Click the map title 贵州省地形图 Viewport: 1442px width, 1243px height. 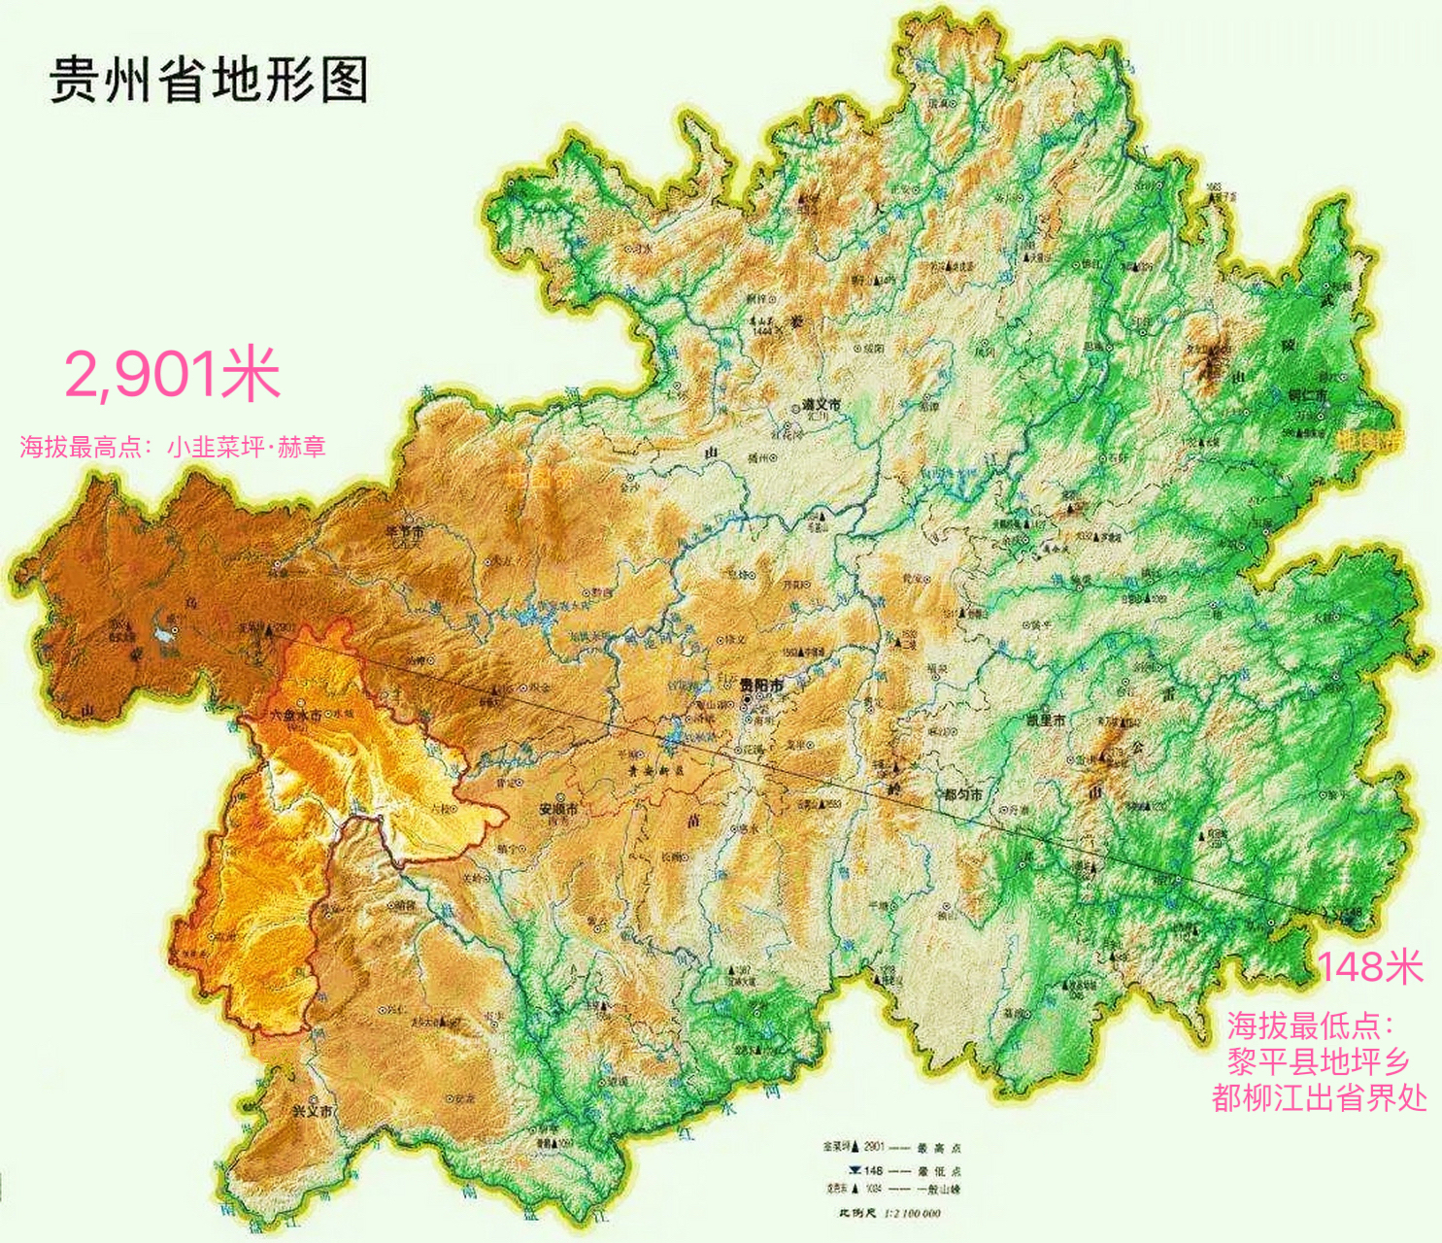tap(209, 79)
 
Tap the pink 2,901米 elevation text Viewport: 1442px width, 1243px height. tap(173, 376)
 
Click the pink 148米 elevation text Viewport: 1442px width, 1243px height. tap(1370, 967)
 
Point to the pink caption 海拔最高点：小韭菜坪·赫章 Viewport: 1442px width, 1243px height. tap(173, 448)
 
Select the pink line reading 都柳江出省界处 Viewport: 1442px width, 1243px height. tap(1319, 1097)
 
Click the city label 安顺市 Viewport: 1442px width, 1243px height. tap(558, 808)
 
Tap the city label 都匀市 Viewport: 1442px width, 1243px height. tap(963, 794)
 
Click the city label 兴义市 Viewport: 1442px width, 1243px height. tap(313, 1110)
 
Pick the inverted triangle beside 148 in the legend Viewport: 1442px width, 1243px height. tap(854, 1170)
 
